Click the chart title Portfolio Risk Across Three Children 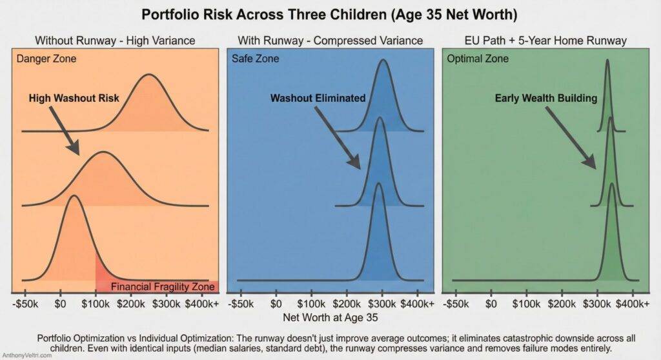[330, 14]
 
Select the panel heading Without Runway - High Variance [115, 41]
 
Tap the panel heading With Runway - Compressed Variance [330, 41]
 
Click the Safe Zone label [256, 59]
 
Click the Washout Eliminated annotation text [318, 98]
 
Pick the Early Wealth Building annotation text [545, 98]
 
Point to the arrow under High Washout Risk [65, 132]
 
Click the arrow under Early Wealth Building [571, 139]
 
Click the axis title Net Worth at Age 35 [330, 317]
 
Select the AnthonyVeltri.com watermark [27, 355]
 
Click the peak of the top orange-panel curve [149, 75]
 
